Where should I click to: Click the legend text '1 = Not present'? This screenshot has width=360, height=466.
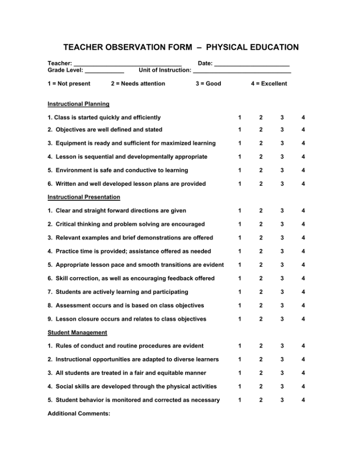[x=69, y=84]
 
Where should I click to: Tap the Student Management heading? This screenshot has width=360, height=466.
[x=78, y=332]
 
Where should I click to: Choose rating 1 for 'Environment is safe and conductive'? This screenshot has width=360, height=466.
[x=239, y=169]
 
